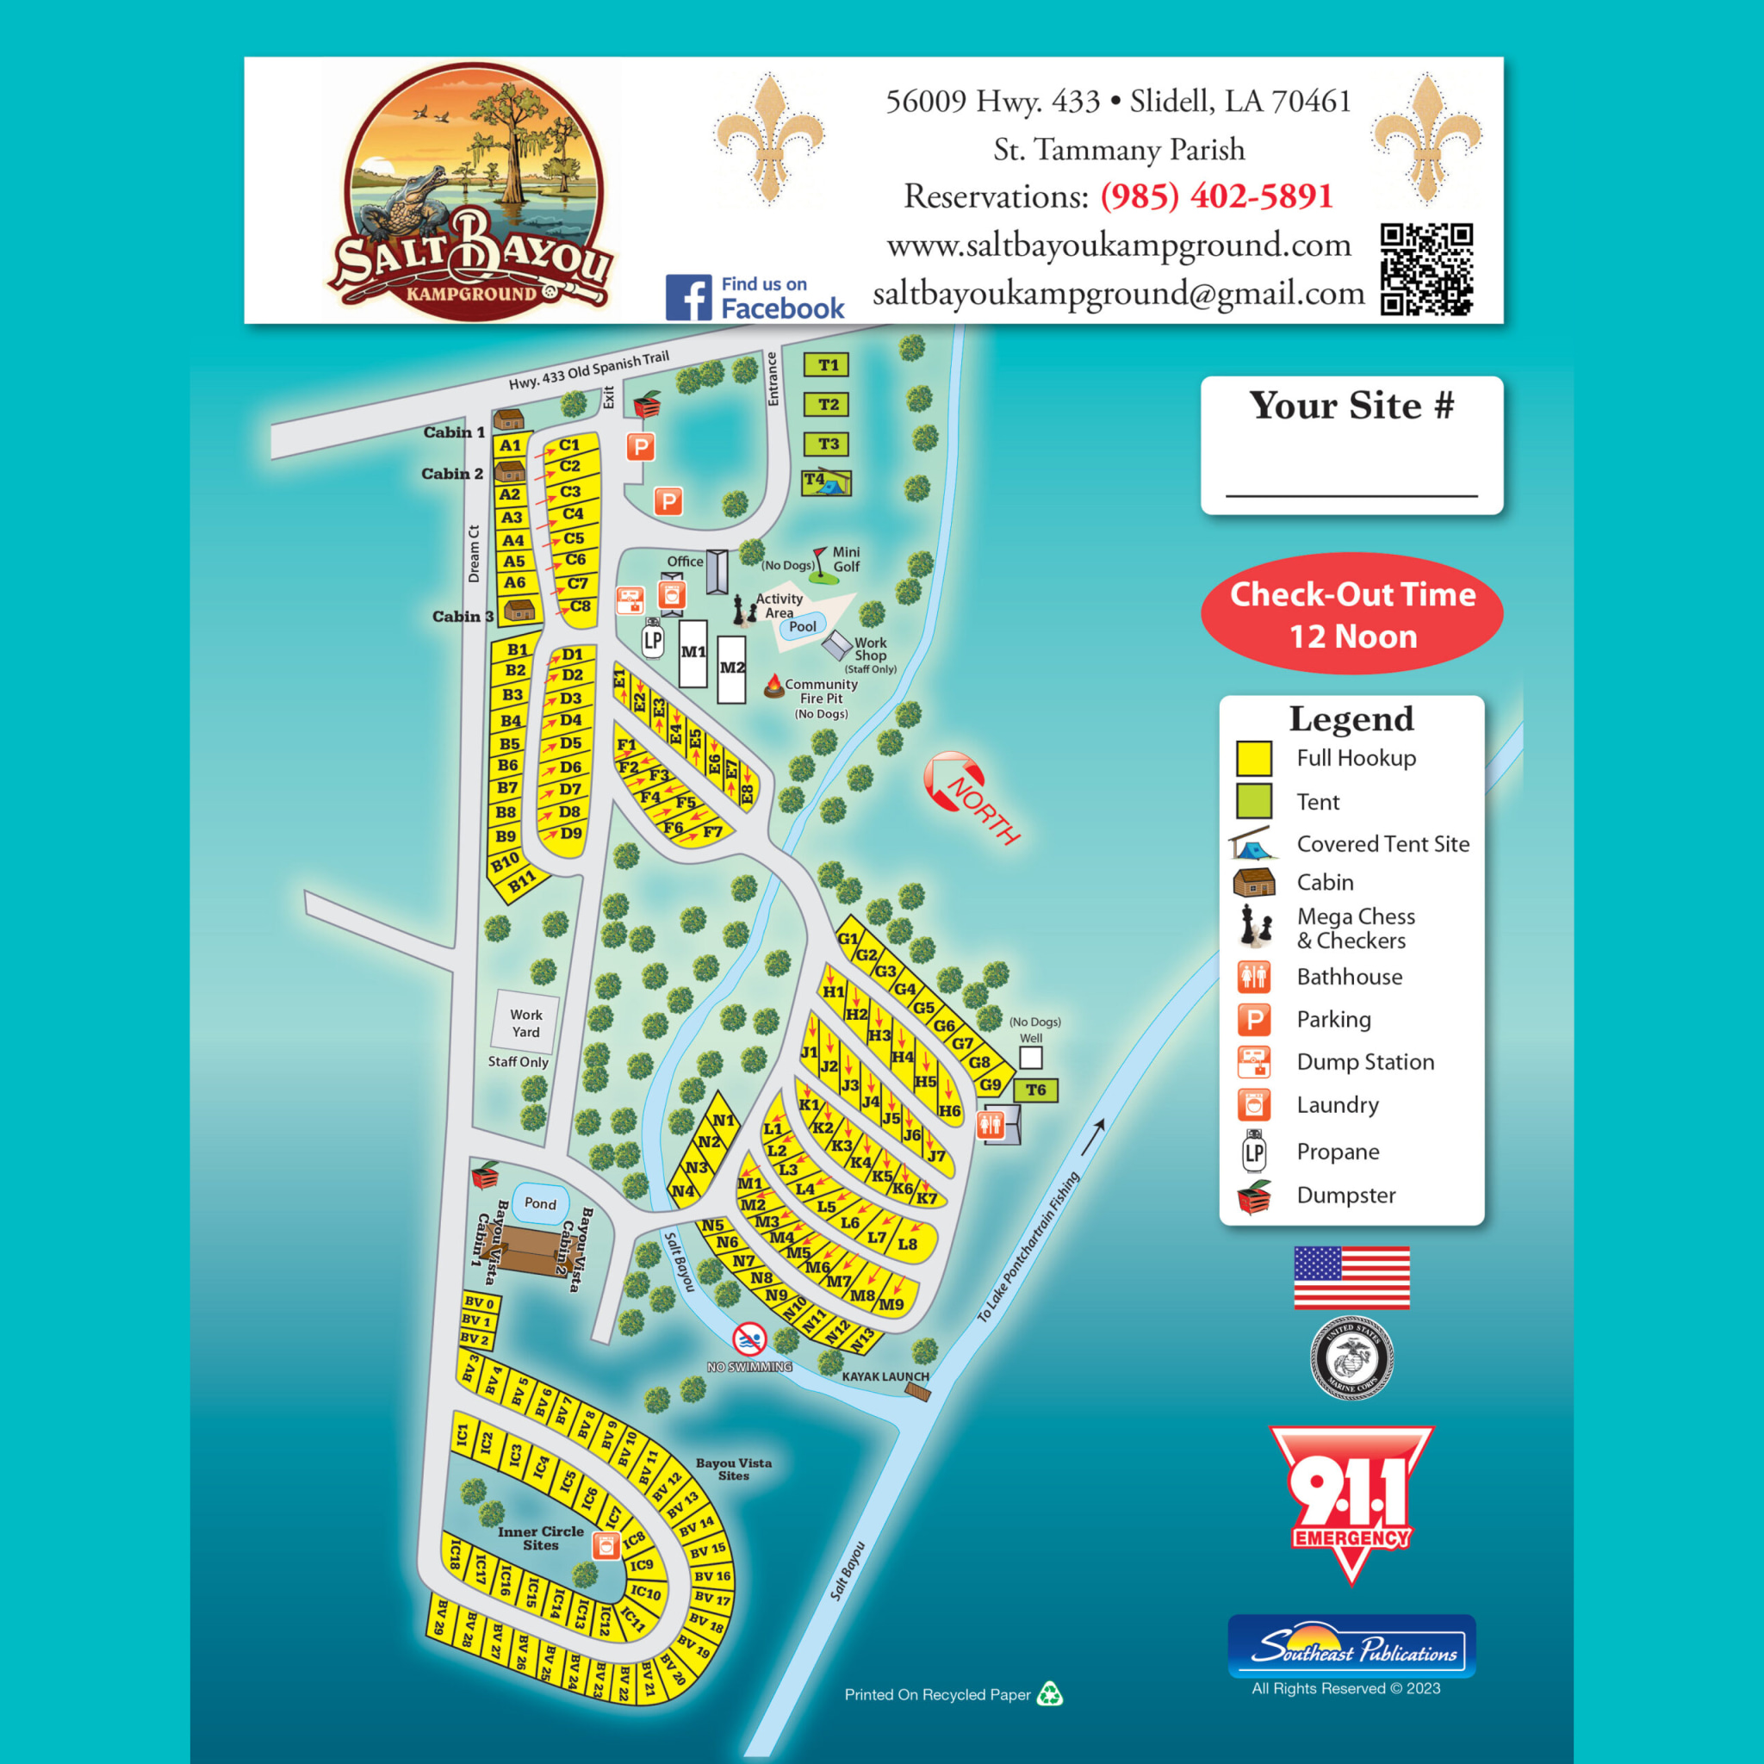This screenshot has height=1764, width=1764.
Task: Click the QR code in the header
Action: [1426, 269]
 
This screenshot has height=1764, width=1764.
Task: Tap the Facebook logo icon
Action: [688, 298]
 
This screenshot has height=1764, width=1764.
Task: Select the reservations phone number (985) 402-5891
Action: [1216, 196]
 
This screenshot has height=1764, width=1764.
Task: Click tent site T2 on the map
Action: [827, 405]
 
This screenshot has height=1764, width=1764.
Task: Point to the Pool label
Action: [803, 626]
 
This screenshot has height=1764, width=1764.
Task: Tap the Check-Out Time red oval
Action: [1351, 614]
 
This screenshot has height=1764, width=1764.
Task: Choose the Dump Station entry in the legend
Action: [1365, 1062]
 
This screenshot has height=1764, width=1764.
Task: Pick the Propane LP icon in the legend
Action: [1253, 1152]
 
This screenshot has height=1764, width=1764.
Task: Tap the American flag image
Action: [1351, 1277]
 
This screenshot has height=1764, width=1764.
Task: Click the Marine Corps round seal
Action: [1351, 1357]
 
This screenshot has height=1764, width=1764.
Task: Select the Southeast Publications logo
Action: [1351, 1646]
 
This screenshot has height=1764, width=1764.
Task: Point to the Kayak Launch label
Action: [885, 1376]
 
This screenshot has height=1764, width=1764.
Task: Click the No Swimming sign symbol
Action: [748, 1340]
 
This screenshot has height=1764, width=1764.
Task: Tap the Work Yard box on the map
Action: [526, 1022]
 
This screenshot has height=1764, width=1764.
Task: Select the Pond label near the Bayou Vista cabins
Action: [539, 1203]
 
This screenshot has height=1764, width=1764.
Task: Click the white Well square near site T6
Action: [1031, 1058]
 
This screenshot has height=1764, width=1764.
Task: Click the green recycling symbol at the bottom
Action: [1050, 1694]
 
